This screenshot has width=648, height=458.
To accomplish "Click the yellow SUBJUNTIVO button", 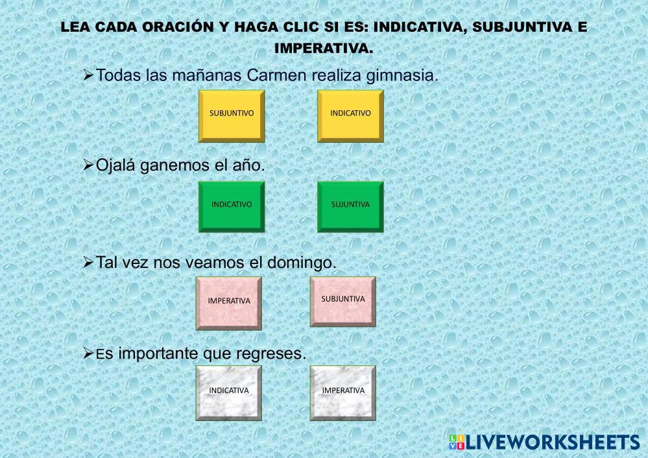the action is [232, 116].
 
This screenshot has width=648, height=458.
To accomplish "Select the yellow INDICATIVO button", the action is [350, 116].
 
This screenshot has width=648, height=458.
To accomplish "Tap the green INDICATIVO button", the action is [232, 207].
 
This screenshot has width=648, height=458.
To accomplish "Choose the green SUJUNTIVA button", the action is [350, 207].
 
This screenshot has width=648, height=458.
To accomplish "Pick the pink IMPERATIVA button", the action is [229, 304].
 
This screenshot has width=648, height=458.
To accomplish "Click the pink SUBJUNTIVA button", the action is [343, 302].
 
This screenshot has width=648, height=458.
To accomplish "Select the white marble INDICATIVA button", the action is [229, 393].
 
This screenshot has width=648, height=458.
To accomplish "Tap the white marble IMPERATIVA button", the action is [343, 393].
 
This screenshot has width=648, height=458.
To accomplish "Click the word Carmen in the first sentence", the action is [277, 75].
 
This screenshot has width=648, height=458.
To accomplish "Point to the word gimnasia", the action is [402, 77].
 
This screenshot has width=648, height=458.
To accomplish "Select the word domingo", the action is [302, 263].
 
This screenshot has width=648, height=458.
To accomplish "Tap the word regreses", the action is [271, 354].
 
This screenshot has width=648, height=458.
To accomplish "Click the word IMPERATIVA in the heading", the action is [324, 49].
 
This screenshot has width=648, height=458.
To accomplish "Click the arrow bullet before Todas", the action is [88, 75].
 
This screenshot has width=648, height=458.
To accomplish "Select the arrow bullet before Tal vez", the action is [88, 262].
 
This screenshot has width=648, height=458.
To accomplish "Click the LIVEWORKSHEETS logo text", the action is [553, 442].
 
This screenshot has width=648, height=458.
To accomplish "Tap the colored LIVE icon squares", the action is [457, 442].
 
